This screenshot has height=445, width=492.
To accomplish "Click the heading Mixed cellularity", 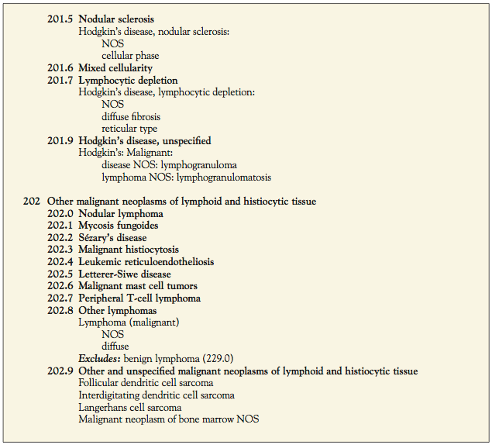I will [x=116, y=68].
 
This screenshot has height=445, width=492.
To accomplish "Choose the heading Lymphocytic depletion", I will [x=128, y=81].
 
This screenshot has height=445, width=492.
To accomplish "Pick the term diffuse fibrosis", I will [x=131, y=117].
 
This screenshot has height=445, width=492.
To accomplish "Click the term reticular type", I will [x=129, y=129].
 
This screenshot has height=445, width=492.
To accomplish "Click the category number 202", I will [x=31, y=202].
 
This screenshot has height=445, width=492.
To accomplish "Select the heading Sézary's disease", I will [x=112, y=238].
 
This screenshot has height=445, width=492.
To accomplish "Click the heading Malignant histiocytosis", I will [x=129, y=250].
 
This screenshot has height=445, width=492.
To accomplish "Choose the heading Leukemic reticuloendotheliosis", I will [x=146, y=262].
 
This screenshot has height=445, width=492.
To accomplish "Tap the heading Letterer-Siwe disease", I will [x=125, y=274].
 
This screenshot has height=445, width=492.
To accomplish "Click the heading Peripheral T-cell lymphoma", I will [x=139, y=298].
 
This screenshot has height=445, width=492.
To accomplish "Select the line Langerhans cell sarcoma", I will [x=130, y=407].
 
